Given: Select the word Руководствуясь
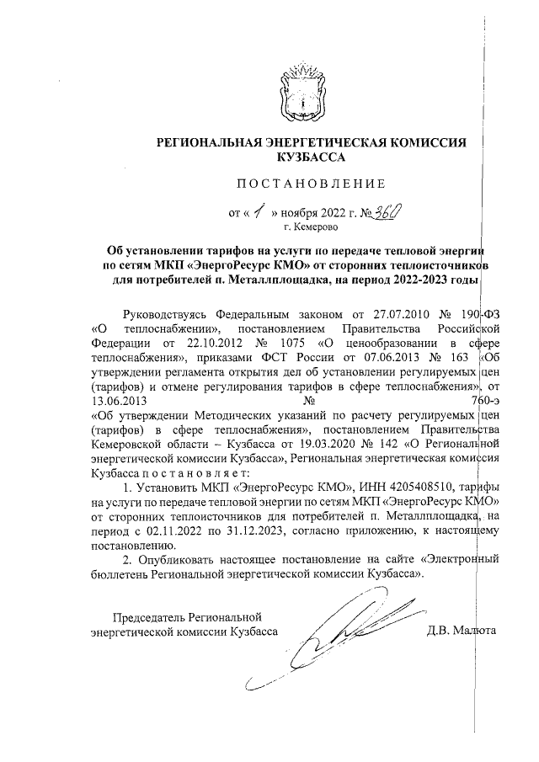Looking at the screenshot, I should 167,314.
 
